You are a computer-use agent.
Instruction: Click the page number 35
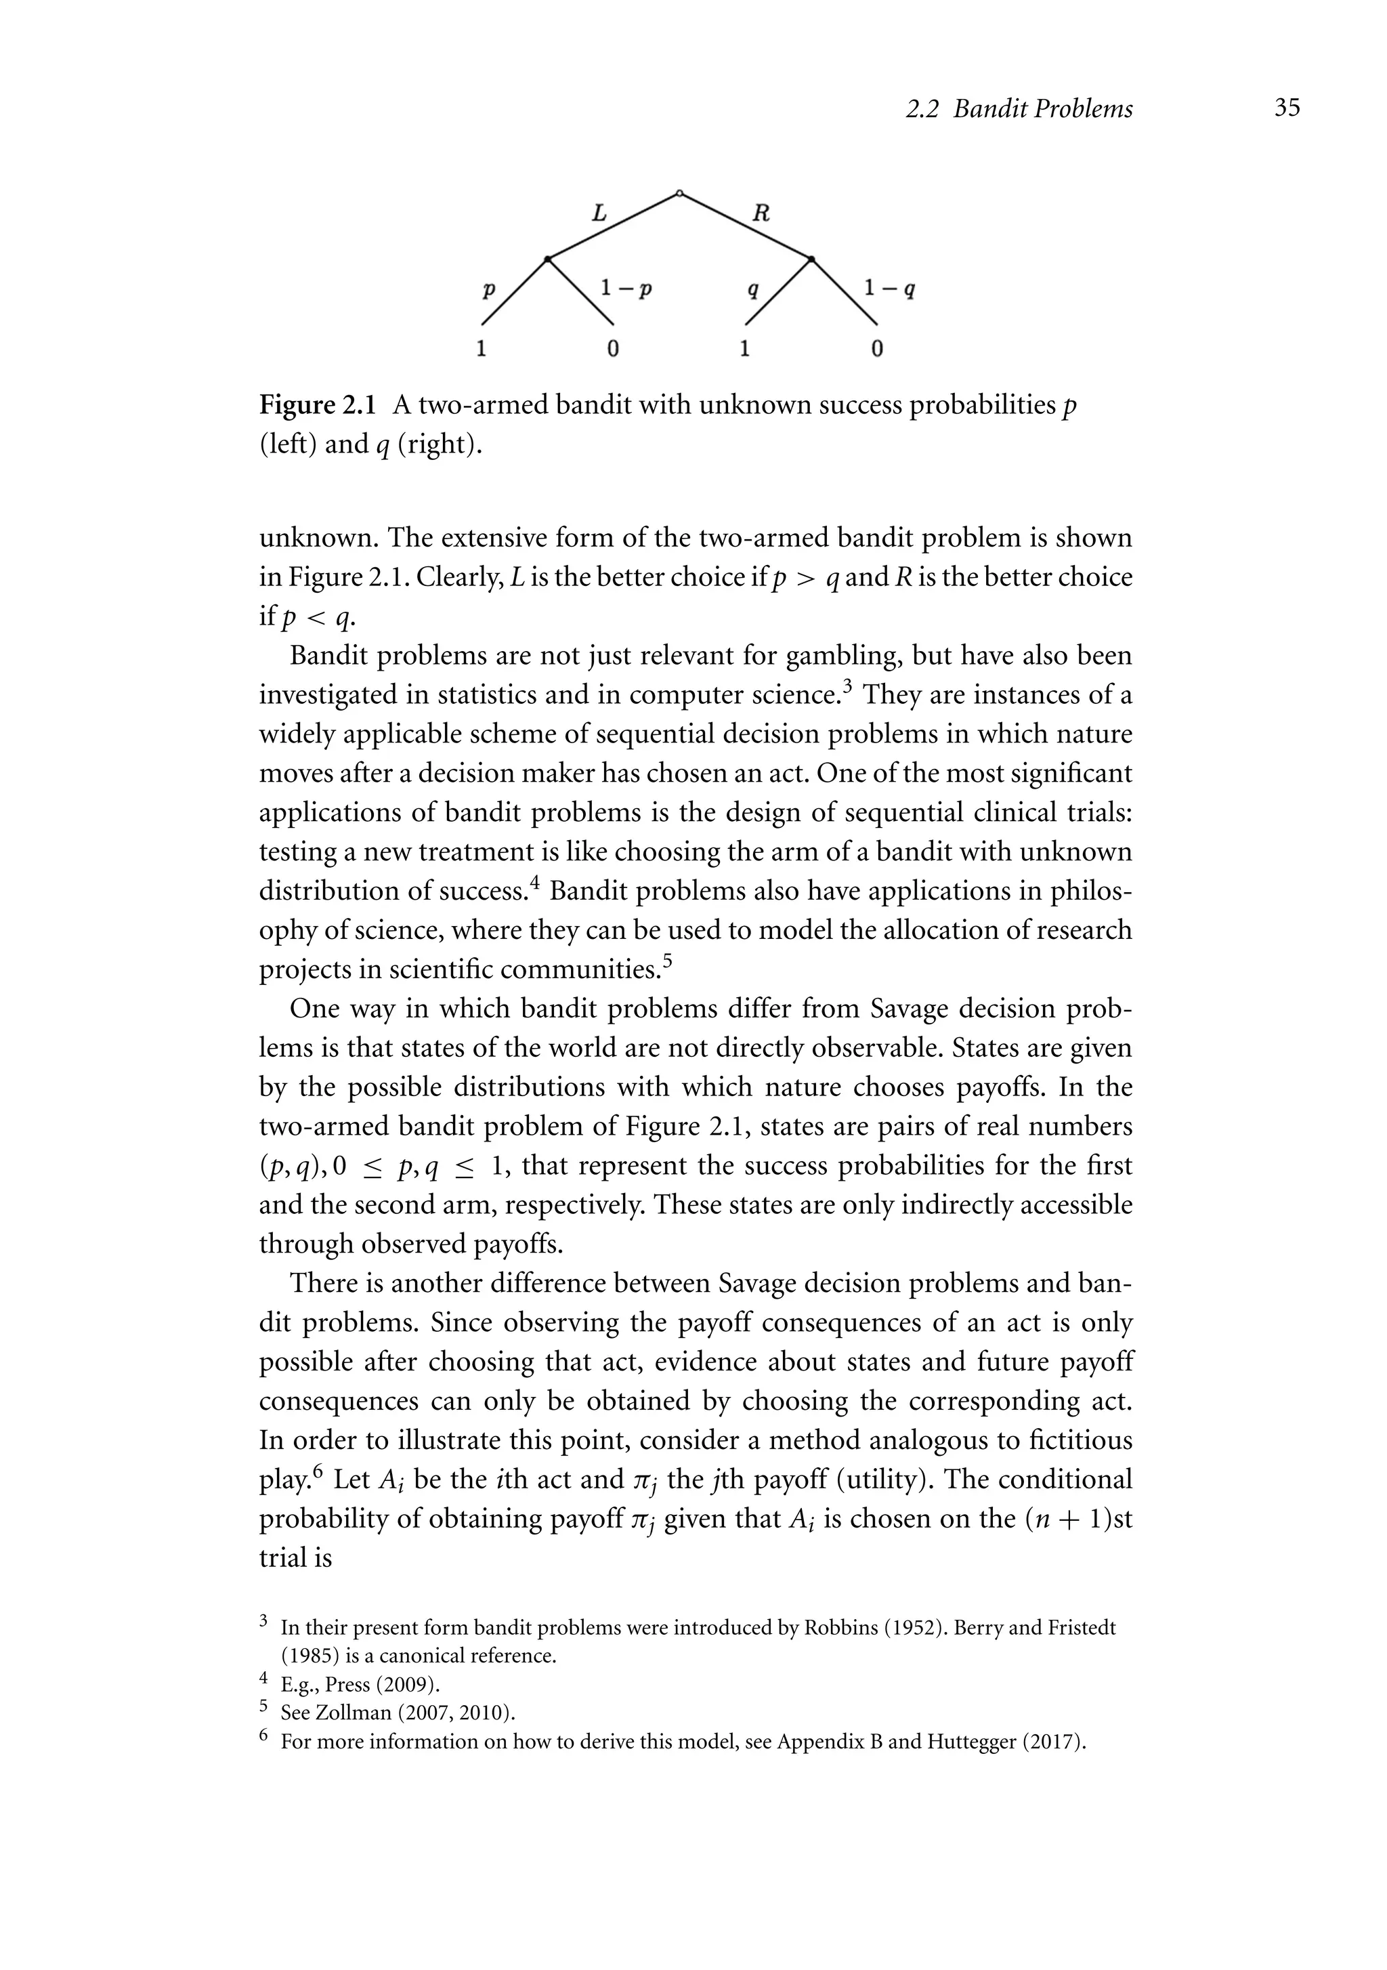point(1287,108)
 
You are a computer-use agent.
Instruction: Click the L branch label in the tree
point(599,213)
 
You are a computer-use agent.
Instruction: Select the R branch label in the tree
point(760,213)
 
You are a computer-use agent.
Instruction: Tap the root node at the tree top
point(679,194)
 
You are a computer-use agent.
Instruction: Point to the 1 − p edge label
point(627,289)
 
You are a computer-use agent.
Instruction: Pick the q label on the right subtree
point(752,290)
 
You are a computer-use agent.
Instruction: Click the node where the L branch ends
point(547,258)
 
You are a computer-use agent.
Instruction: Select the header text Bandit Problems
point(1042,109)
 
